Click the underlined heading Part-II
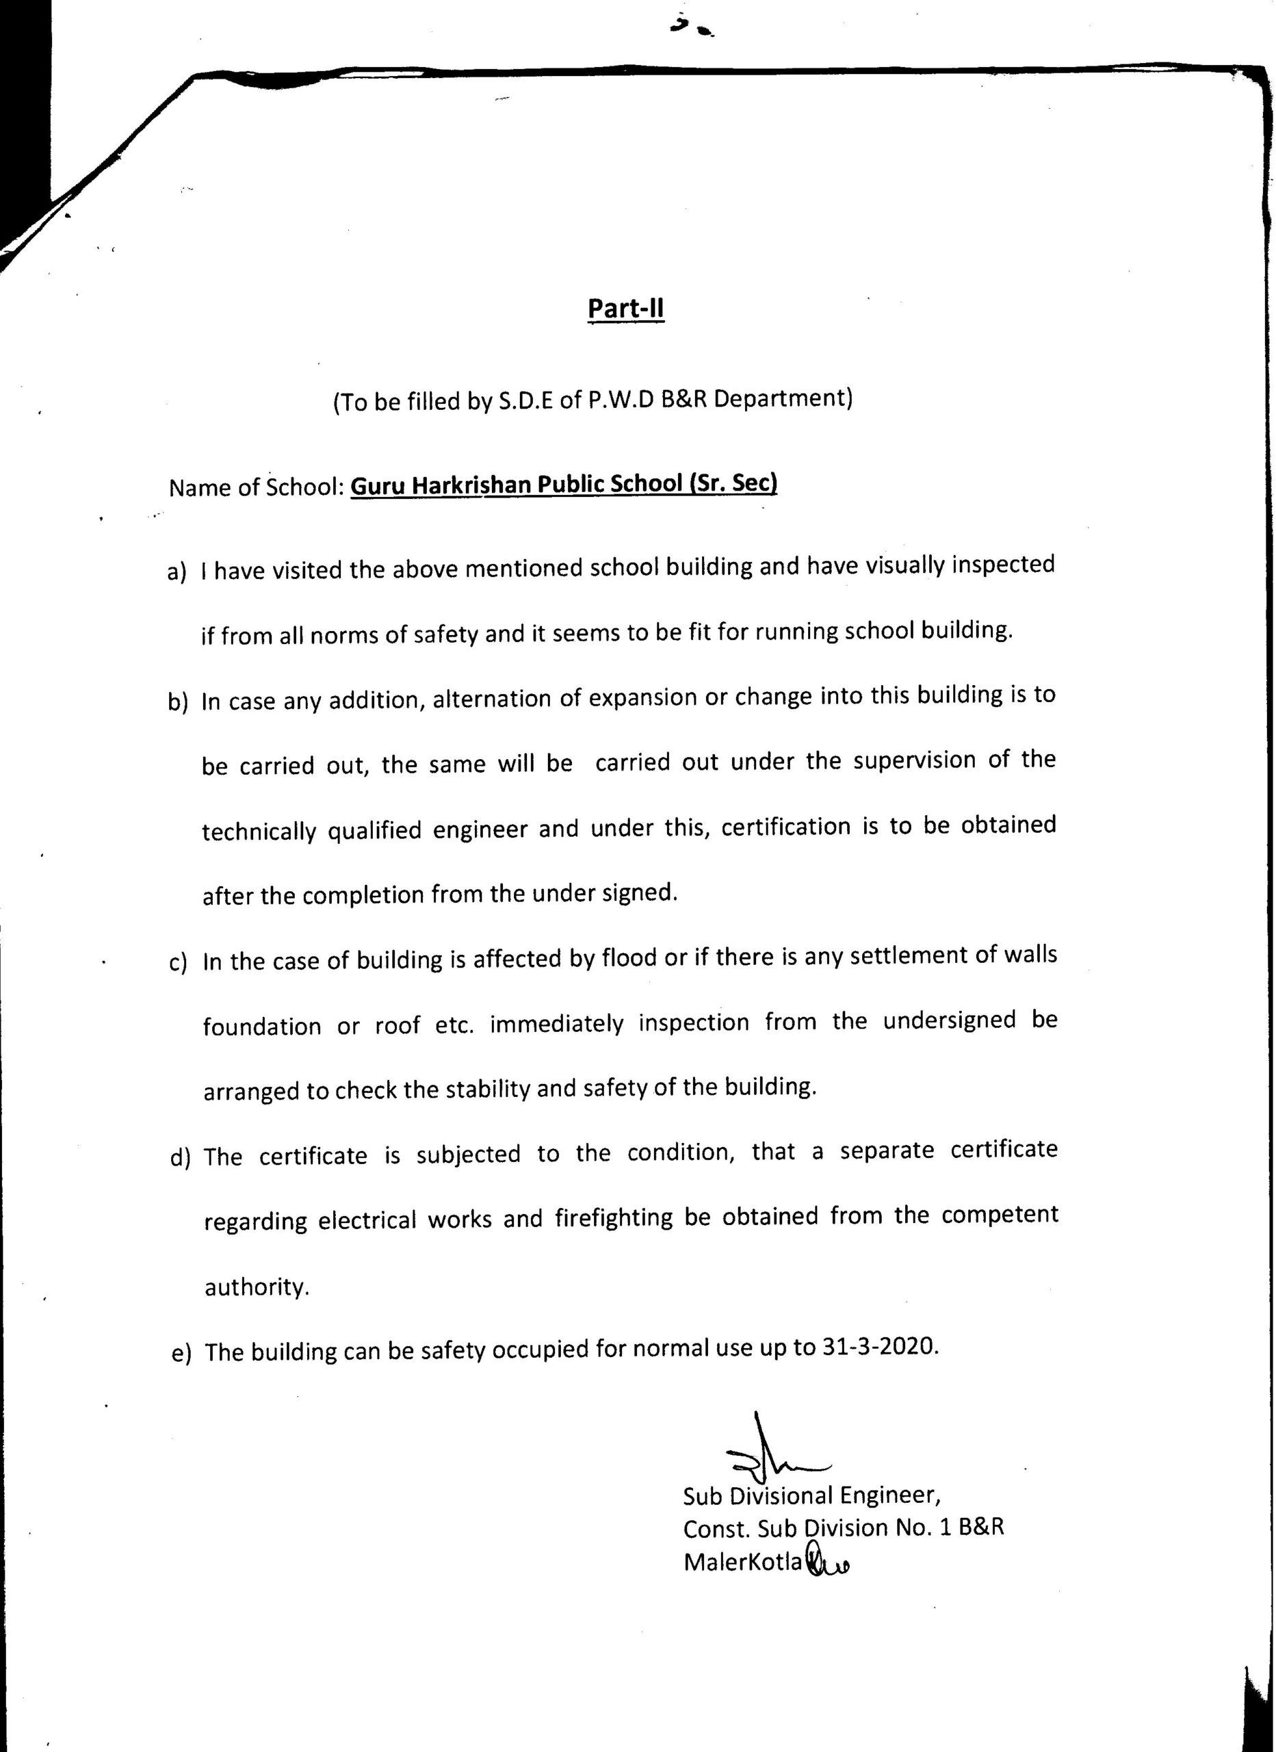(x=625, y=310)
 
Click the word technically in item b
(x=259, y=833)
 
